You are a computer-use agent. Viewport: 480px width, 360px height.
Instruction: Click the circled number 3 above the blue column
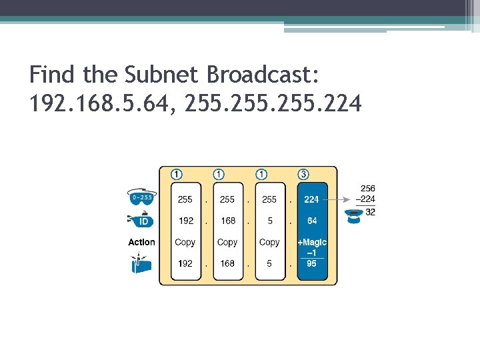tap(304, 174)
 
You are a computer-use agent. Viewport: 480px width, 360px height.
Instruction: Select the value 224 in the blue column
tap(311, 199)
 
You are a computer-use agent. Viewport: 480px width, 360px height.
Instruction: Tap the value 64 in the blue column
tap(312, 221)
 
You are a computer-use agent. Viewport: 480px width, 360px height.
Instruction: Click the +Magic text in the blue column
tap(312, 243)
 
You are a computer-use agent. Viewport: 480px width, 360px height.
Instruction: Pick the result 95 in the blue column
tap(312, 263)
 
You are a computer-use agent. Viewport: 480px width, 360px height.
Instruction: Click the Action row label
tap(141, 243)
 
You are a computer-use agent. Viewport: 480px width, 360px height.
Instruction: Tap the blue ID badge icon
tap(140, 220)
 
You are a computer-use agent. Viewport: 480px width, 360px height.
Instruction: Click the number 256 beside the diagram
tap(367, 189)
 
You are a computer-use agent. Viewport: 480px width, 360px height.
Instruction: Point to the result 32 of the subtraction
tap(370, 212)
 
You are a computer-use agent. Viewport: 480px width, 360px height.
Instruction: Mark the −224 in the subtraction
tap(367, 199)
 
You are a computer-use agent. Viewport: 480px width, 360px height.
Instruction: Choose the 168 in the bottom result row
tap(227, 263)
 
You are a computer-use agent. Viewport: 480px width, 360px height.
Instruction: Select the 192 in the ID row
tap(185, 221)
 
